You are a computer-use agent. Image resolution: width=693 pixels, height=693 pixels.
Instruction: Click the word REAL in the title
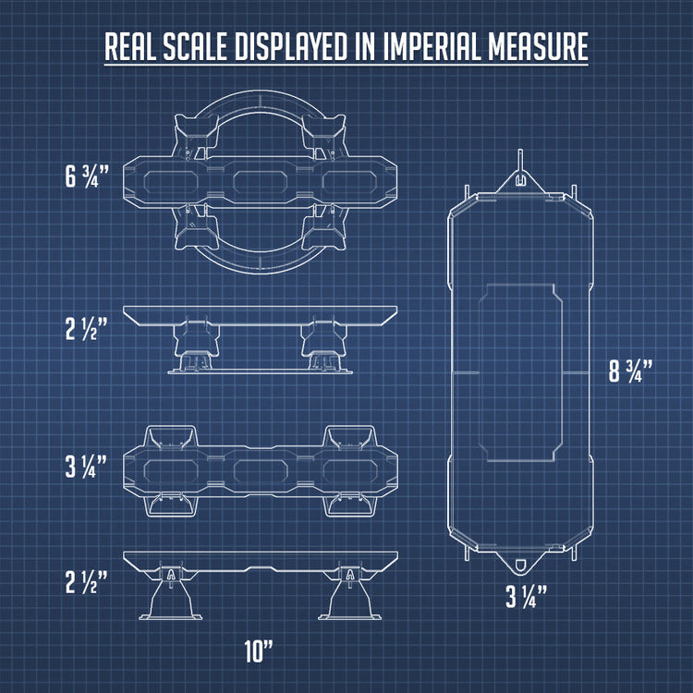[x=130, y=46]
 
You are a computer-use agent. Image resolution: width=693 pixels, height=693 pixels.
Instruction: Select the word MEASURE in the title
[x=539, y=46]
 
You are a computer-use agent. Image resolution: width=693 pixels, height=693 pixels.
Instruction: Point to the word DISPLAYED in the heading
[x=292, y=46]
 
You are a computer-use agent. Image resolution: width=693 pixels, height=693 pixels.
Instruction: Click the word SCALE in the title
[x=195, y=46]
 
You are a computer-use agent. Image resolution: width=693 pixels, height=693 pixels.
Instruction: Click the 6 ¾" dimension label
[x=87, y=176]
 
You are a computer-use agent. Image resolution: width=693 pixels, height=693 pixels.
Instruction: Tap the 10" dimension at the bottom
[x=259, y=650]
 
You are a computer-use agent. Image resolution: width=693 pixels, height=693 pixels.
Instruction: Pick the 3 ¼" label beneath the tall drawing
[x=527, y=596]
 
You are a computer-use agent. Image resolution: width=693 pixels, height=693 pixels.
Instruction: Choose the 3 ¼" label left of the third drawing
[x=86, y=467]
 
